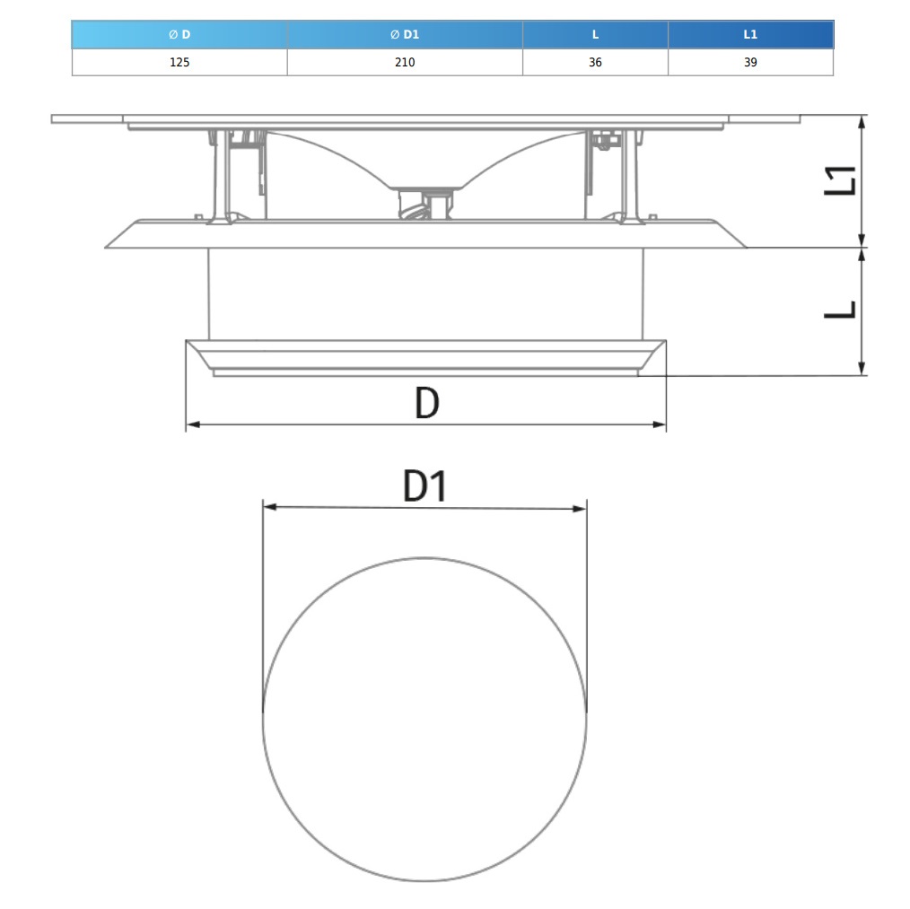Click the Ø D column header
179,34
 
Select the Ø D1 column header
405,34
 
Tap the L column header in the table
595,34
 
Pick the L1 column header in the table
750,34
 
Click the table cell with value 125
179,62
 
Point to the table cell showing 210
405,62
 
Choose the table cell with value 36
595,62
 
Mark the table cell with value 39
750,62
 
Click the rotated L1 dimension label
840,180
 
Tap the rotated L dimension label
840,310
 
